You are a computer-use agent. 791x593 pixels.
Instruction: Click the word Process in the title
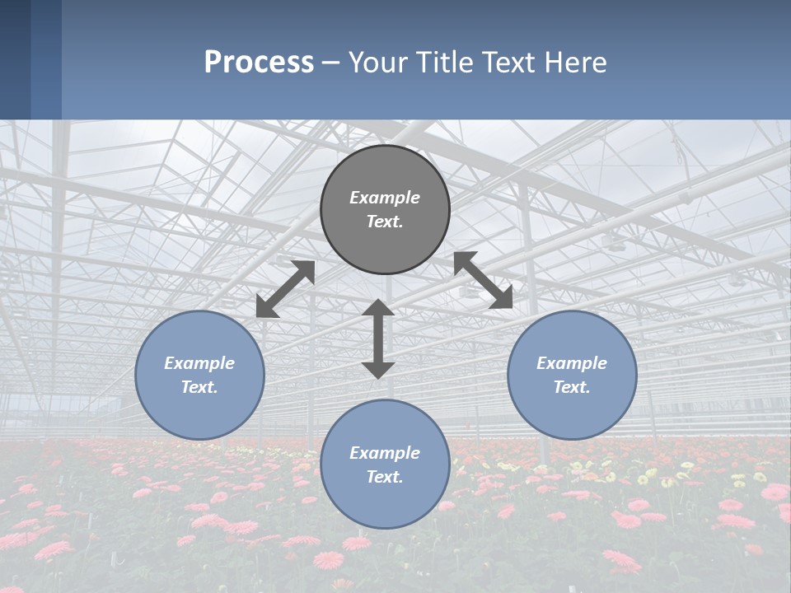coord(259,63)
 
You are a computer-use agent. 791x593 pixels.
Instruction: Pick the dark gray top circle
coord(385,209)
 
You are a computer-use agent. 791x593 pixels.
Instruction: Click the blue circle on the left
coord(199,375)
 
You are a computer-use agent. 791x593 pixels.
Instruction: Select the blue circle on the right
coord(572,375)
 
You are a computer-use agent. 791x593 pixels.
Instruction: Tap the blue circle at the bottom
coord(385,465)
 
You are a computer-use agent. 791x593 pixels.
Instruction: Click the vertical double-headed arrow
coord(378,339)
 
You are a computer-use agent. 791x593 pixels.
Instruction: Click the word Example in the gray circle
coord(385,198)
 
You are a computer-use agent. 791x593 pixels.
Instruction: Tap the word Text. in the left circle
coord(199,387)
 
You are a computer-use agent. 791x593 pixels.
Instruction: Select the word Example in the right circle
coord(572,363)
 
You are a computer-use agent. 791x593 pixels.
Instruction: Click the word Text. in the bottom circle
coord(385,477)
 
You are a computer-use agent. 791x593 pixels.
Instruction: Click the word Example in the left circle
coord(199,363)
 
